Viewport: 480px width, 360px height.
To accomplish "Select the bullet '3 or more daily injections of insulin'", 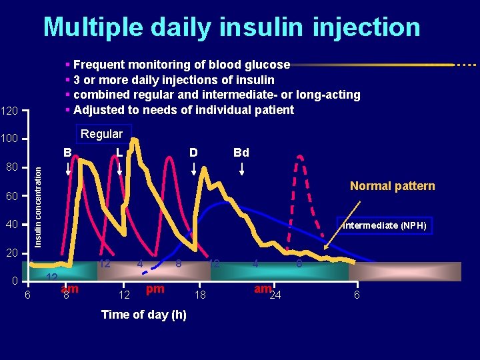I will coord(173,80).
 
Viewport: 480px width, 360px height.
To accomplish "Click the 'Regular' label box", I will coord(101,134).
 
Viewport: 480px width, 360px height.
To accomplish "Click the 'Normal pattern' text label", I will coord(393,186).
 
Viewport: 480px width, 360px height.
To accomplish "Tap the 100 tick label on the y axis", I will coord(10,139).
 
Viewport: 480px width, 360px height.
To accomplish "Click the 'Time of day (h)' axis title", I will coord(143,315).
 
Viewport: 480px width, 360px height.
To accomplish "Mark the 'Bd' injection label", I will coord(241,153).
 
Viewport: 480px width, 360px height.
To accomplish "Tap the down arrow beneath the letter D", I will coord(194,169).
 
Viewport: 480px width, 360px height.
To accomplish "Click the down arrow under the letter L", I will coord(119,169).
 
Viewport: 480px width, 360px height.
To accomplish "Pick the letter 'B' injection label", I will coord(67,153).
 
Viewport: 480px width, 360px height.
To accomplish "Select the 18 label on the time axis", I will coord(199,295).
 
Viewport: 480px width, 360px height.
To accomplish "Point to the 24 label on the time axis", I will coord(275,295).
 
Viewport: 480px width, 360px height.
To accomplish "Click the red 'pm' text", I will coord(155,289).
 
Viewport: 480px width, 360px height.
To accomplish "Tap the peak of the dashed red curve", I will coord(300,157).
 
